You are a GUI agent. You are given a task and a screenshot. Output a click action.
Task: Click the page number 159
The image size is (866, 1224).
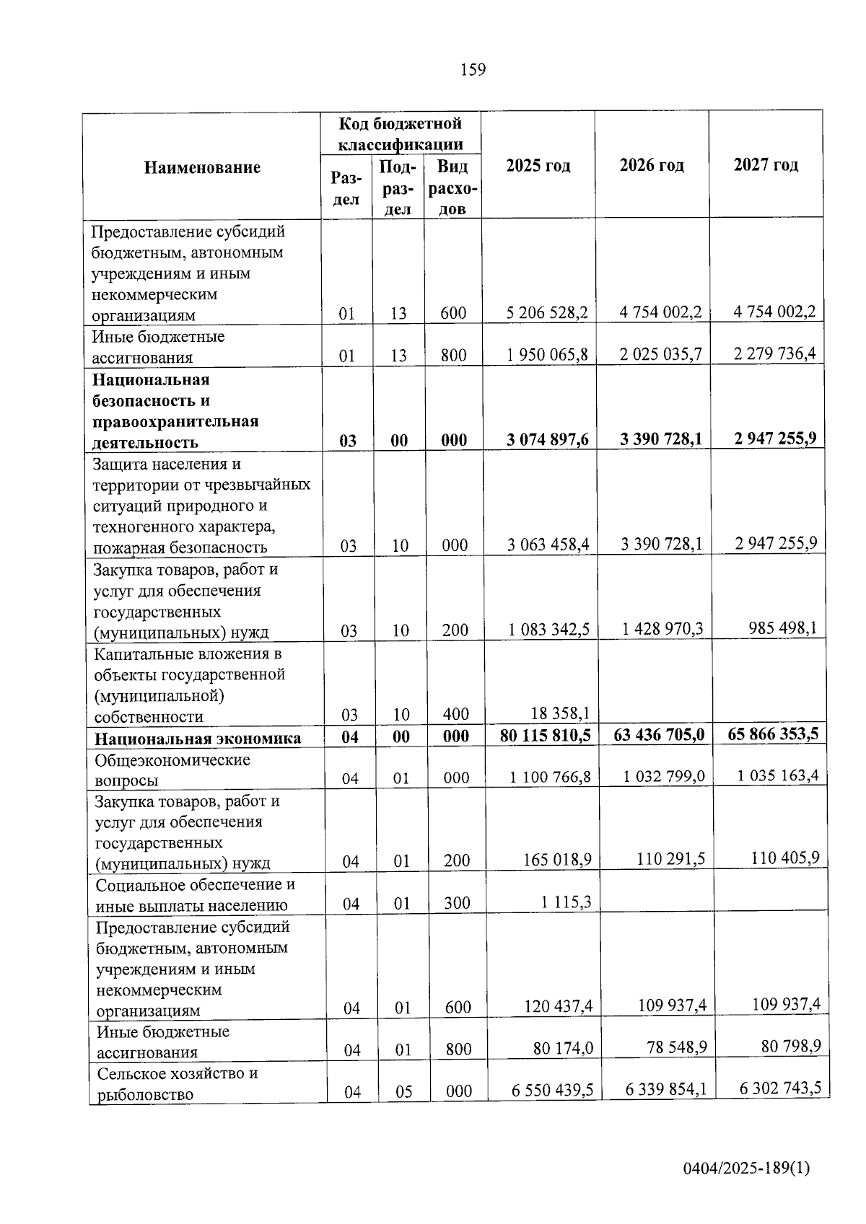(473, 70)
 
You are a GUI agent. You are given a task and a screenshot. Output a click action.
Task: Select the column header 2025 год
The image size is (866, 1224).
(538, 166)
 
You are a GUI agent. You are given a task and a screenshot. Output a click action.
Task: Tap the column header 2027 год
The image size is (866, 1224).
(766, 165)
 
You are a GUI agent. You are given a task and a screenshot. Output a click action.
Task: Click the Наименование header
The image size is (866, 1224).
(202, 168)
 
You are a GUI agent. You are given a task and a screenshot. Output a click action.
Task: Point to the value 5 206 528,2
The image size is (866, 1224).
(547, 312)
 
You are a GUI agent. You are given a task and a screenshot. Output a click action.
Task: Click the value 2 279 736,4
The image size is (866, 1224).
(775, 353)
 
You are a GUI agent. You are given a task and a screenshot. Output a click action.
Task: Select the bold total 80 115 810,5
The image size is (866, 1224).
(546, 736)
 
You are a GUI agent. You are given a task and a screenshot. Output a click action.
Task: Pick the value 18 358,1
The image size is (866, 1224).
(561, 713)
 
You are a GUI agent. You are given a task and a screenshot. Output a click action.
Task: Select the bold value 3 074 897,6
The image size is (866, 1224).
(548, 439)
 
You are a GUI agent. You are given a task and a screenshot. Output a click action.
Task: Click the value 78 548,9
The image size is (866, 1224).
(676, 1047)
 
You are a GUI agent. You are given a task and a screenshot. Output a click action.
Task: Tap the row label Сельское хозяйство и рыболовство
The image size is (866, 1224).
(178, 1084)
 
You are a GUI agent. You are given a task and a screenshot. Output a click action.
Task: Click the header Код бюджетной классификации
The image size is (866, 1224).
(401, 134)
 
